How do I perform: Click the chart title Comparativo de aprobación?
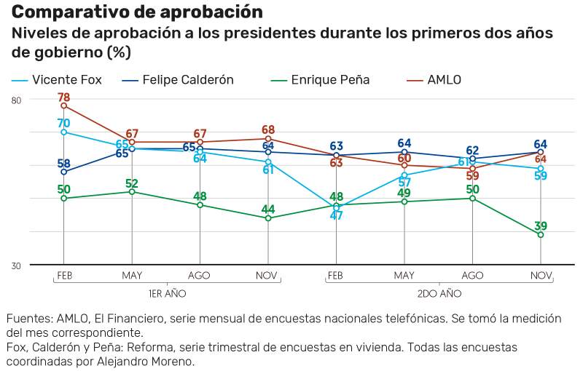pyautogui.click(x=137, y=12)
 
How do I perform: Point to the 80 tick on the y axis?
pyautogui.click(x=16, y=100)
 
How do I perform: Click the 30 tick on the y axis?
pyautogui.click(x=16, y=266)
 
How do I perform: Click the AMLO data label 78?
pyautogui.click(x=63, y=97)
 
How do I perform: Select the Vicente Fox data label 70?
pyautogui.click(x=63, y=123)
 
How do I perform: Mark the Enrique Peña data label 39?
pyautogui.click(x=541, y=226)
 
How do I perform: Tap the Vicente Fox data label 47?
pyautogui.click(x=336, y=215)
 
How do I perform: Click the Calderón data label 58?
pyautogui.click(x=63, y=163)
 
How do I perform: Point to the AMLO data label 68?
pyautogui.click(x=268, y=129)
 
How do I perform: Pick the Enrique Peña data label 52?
pyautogui.click(x=132, y=183)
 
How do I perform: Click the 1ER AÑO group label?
pyautogui.click(x=168, y=293)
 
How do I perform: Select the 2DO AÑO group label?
pyautogui.click(x=439, y=293)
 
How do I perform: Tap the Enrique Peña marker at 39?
pyautogui.click(x=541, y=235)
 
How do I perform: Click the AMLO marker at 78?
pyautogui.click(x=63, y=106)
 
